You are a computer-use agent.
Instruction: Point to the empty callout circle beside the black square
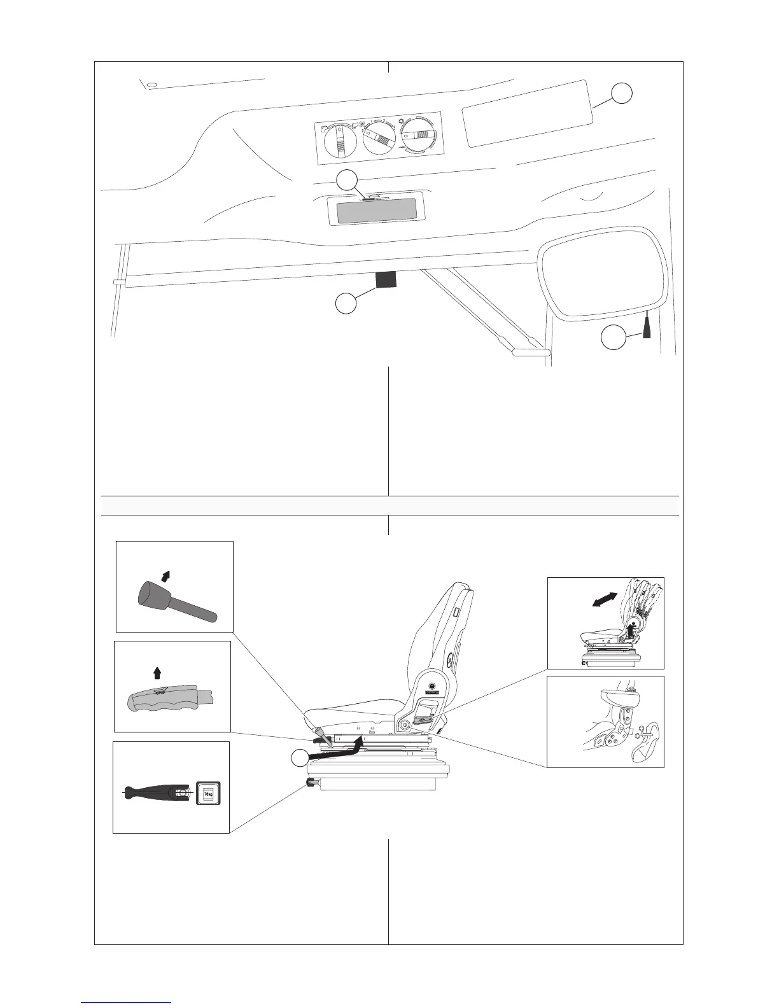(346, 304)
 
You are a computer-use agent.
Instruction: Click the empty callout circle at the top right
(622, 93)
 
